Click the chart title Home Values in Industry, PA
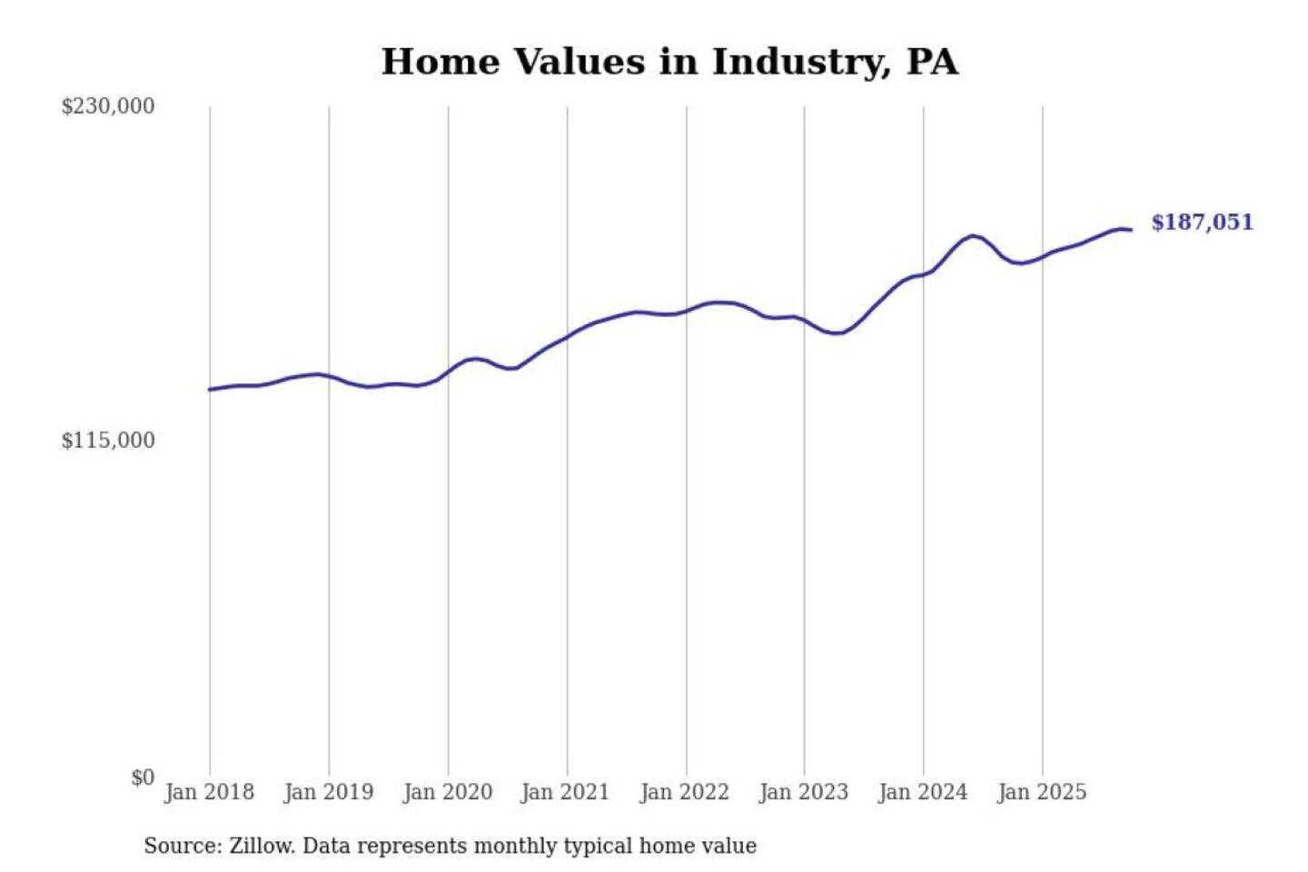(x=669, y=62)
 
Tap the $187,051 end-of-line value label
(x=1202, y=223)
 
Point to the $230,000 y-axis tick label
(x=108, y=106)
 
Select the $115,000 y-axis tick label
(x=108, y=441)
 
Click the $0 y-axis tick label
(x=143, y=778)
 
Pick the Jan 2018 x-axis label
(x=209, y=792)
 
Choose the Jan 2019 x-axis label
(x=328, y=792)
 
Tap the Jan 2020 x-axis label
(x=447, y=792)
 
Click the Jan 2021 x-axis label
(x=565, y=792)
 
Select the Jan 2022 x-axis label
(x=684, y=792)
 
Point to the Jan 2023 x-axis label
(x=803, y=792)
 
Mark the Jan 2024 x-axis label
(x=922, y=792)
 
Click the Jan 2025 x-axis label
(x=1041, y=792)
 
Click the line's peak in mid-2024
(x=973, y=236)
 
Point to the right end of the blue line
(x=1131, y=230)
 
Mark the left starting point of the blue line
(x=210, y=390)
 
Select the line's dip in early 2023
(x=837, y=333)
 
